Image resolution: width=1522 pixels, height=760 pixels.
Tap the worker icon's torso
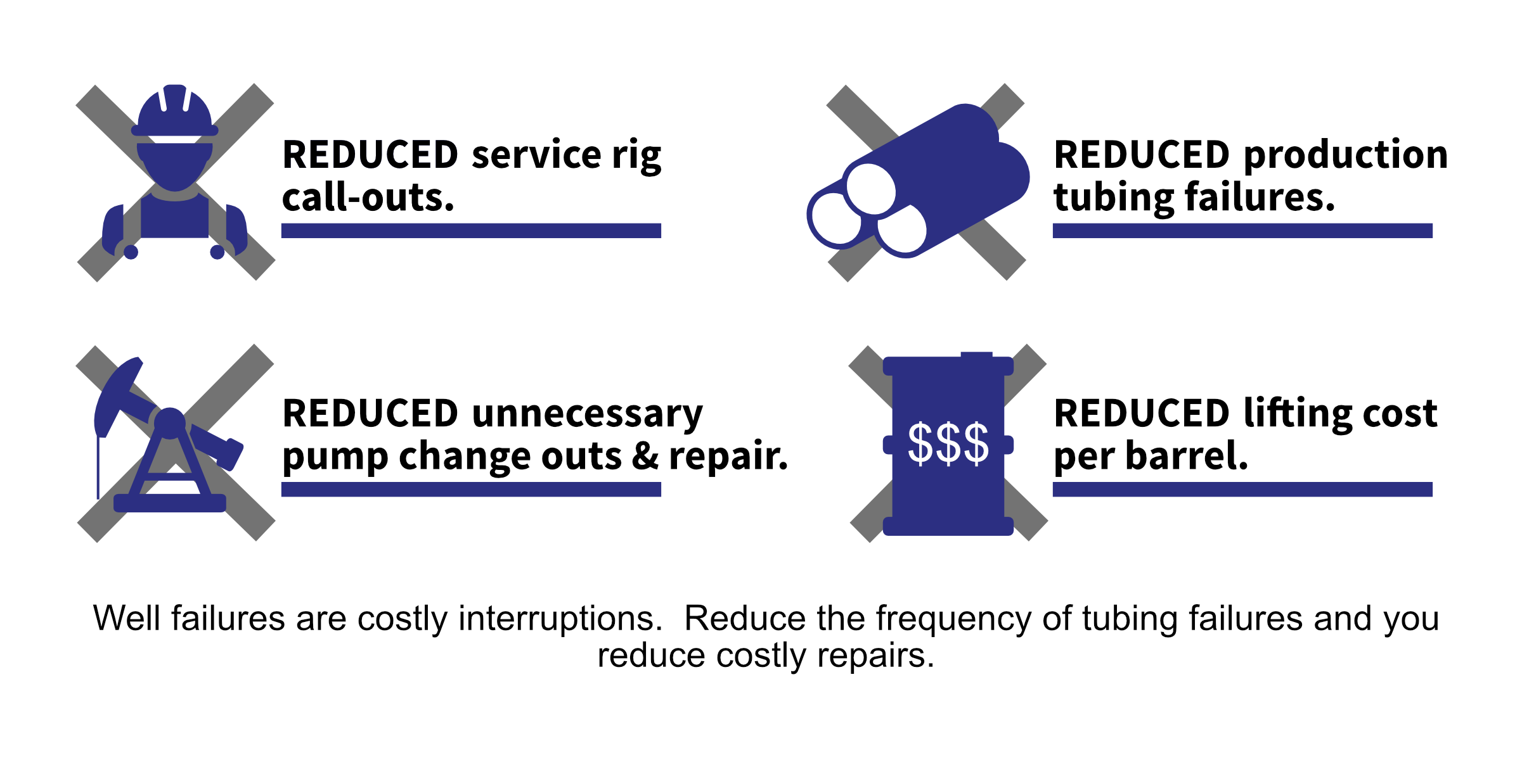[x=175, y=215]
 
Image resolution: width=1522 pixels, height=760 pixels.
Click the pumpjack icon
[x=168, y=437]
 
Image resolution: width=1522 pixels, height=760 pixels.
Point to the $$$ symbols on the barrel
[x=948, y=443]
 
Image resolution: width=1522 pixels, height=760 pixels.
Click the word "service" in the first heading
[x=536, y=155]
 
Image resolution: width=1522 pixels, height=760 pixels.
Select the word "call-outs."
[x=368, y=198]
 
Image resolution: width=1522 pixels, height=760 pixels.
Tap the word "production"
[x=1345, y=155]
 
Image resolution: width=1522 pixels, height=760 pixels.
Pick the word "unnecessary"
[x=587, y=414]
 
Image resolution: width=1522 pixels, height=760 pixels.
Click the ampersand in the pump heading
[x=645, y=457]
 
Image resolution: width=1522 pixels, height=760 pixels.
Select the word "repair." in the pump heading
[x=728, y=457]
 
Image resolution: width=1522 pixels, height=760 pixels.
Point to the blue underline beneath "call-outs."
[x=471, y=231]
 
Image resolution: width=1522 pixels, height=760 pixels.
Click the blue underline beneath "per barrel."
[x=1242, y=489]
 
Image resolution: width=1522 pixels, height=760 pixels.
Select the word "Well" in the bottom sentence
[x=127, y=618]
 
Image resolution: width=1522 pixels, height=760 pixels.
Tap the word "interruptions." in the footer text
[x=560, y=618]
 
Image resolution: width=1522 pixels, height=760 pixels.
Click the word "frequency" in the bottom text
[x=953, y=619]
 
